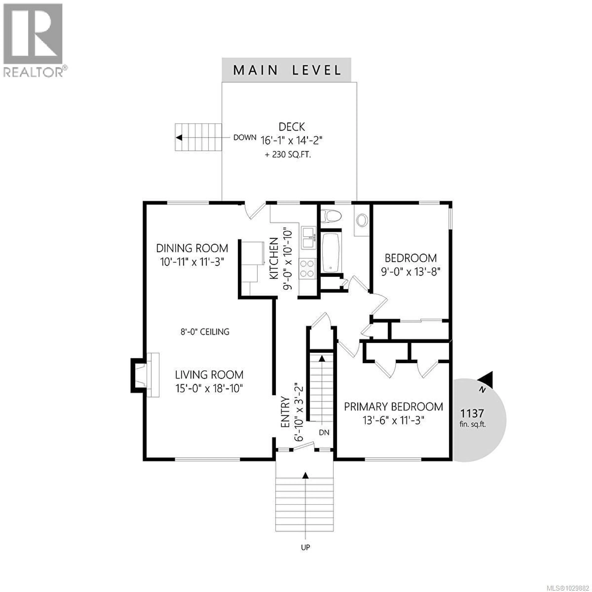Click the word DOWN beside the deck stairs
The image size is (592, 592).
245,138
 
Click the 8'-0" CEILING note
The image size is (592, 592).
205,332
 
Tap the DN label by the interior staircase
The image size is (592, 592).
324,432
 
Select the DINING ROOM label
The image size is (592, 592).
192,248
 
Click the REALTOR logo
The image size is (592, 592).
33,40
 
